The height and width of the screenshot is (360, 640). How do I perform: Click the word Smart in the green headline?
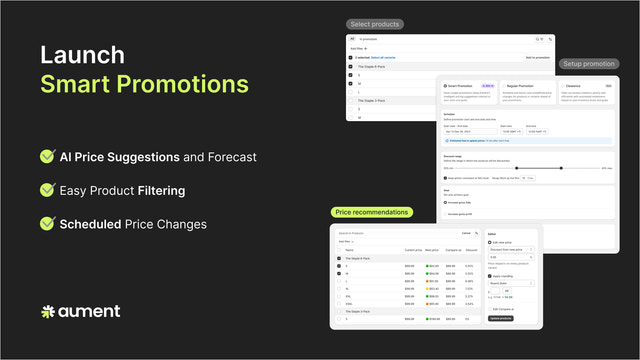pos(79,85)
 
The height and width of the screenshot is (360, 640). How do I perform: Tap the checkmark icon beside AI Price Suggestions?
pos(47,157)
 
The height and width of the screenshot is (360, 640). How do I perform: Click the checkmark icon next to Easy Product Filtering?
pos(47,190)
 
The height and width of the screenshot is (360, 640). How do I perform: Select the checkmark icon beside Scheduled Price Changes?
pos(47,224)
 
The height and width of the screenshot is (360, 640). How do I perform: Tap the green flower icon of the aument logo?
pos(47,312)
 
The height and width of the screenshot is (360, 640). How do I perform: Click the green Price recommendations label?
pos(372,212)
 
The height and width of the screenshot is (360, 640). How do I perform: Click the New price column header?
pos(432,250)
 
